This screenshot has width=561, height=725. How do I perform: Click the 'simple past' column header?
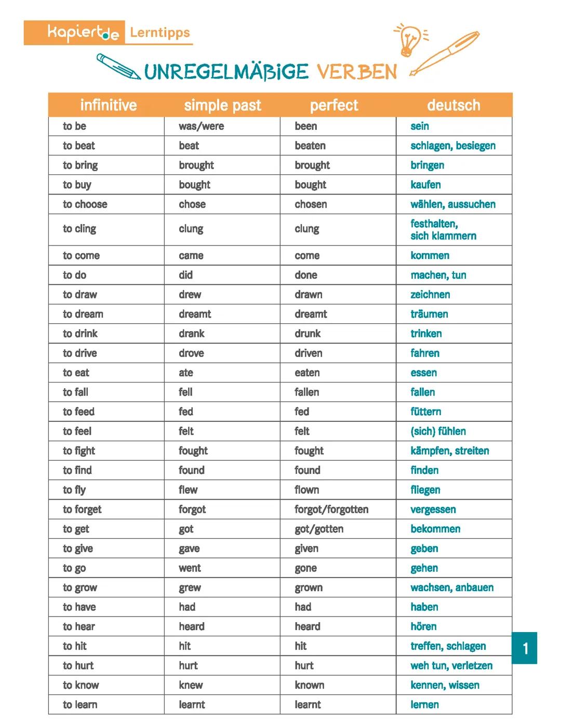coord(222,105)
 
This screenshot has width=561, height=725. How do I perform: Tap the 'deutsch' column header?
coord(453,105)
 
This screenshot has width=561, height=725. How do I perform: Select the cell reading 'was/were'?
coord(202,126)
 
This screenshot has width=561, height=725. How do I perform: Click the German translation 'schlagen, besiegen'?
coord(453,146)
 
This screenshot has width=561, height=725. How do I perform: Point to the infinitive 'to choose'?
coord(85,204)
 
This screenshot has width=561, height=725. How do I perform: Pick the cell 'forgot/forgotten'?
coord(331,510)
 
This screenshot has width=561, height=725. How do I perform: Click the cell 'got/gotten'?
coord(319,529)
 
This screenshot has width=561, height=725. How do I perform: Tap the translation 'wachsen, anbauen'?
coord(452,588)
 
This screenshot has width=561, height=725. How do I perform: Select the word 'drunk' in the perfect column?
coord(308,334)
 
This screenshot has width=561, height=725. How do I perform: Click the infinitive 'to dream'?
coord(83,314)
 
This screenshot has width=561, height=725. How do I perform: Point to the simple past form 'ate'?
coord(186,373)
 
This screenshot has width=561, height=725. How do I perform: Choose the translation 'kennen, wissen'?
coord(445,686)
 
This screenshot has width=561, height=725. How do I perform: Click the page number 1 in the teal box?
coord(525,648)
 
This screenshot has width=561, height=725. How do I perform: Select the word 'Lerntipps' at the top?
coord(160,33)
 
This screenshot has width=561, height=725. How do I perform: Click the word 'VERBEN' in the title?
coord(357,72)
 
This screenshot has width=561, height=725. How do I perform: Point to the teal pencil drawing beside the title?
coord(118,66)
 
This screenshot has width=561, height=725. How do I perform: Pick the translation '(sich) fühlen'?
coord(438,431)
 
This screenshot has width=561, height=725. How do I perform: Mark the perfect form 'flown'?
coord(307,490)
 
